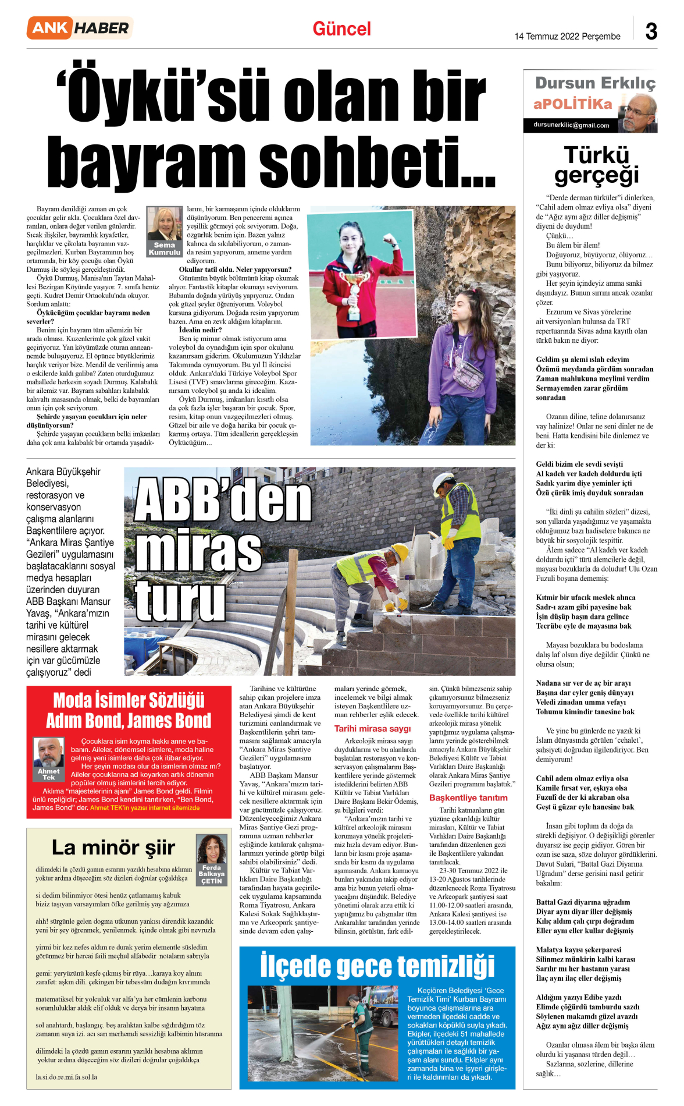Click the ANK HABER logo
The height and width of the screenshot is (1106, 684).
(80, 28)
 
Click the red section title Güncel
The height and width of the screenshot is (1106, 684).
(341, 29)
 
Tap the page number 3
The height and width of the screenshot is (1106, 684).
(651, 31)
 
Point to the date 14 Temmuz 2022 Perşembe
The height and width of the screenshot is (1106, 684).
(567, 36)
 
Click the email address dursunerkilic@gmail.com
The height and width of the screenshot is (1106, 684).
(571, 125)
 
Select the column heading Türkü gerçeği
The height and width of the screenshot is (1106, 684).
(596, 165)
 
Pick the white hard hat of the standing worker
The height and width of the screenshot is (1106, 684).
(447, 479)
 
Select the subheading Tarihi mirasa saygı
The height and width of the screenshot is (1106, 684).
(372, 728)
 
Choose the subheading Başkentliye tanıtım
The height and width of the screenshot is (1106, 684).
(468, 797)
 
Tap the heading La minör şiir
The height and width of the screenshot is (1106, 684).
(113, 848)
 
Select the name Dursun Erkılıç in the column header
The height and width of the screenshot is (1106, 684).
(595, 83)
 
